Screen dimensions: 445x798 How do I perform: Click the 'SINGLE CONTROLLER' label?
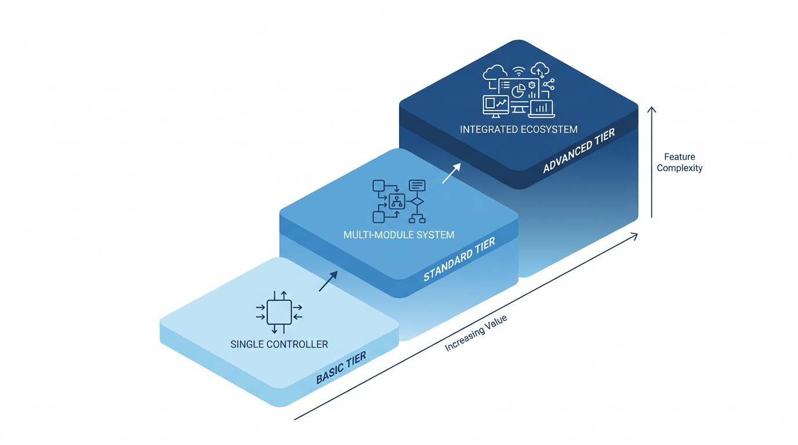coord(279,344)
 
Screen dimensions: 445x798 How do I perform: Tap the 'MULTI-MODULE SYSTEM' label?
coord(399,235)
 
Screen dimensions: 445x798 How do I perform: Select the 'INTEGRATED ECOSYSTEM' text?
coord(518,129)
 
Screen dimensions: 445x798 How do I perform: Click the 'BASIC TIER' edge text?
coord(341,368)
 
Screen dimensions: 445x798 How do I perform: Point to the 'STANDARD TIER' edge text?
coord(459,260)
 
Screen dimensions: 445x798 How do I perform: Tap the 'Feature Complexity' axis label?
coord(679,162)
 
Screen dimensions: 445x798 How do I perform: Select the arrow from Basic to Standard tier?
coord(328,281)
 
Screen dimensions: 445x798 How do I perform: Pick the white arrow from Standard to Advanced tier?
coord(451,173)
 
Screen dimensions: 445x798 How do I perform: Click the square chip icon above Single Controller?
coord(279,312)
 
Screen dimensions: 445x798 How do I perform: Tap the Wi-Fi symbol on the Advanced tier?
coord(519,71)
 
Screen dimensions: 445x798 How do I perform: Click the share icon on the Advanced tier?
coord(548,85)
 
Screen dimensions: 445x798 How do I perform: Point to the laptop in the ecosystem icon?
coord(541,108)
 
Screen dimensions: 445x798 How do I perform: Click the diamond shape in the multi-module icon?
coord(417,202)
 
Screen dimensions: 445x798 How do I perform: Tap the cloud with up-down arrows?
coord(540,70)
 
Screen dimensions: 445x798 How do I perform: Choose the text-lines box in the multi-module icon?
coord(417,185)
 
